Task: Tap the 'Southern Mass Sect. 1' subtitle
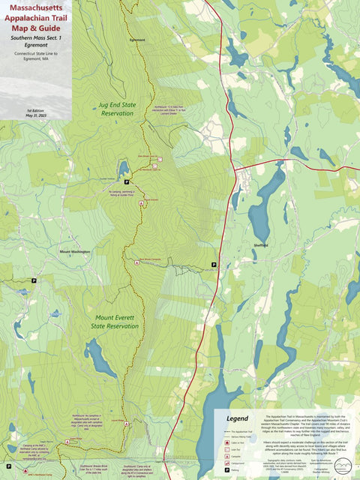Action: click(x=36, y=37)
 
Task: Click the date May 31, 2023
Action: click(x=36, y=115)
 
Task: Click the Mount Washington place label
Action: click(x=76, y=252)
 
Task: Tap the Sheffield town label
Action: click(x=261, y=244)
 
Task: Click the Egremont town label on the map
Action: click(x=137, y=39)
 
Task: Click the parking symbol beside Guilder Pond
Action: click(x=127, y=182)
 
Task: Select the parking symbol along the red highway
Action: click(x=214, y=265)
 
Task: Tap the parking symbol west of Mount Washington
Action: click(x=34, y=280)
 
